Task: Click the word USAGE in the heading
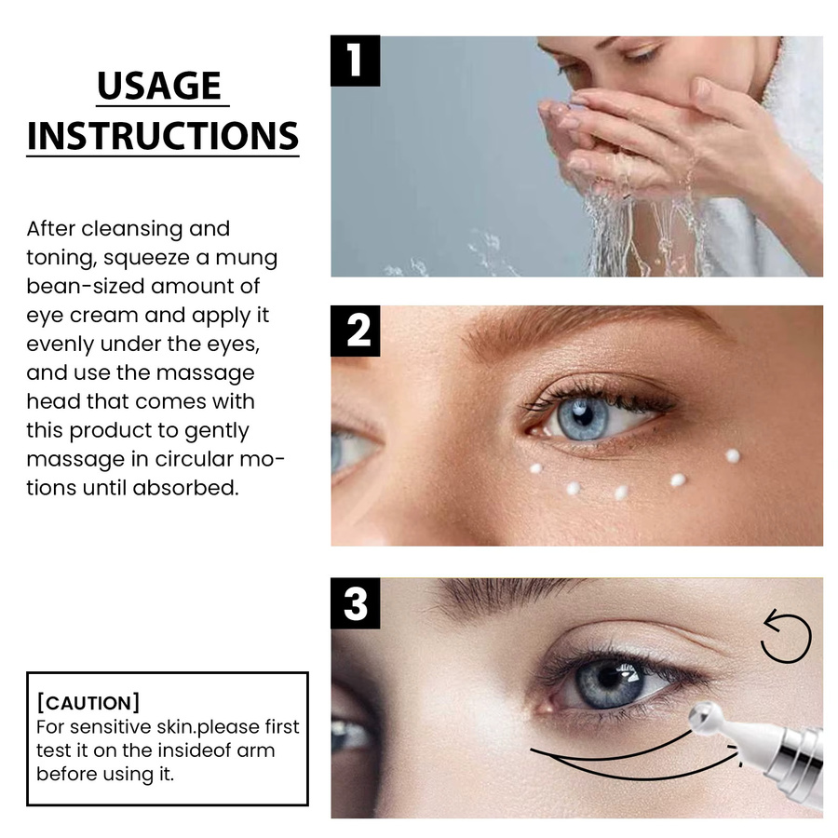pos(159,86)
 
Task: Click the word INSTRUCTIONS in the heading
pos(162,136)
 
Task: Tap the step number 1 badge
pos(356,61)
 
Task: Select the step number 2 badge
pos(356,331)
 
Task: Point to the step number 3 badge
pos(356,603)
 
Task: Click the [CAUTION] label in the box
pos(88,703)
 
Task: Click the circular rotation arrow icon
pos(786,637)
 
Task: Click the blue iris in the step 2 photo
pos(583,417)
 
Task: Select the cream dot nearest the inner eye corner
pos(536,468)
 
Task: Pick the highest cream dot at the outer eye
pos(733,456)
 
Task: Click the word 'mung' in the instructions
pos(246,258)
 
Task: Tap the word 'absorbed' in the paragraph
pos(185,487)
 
